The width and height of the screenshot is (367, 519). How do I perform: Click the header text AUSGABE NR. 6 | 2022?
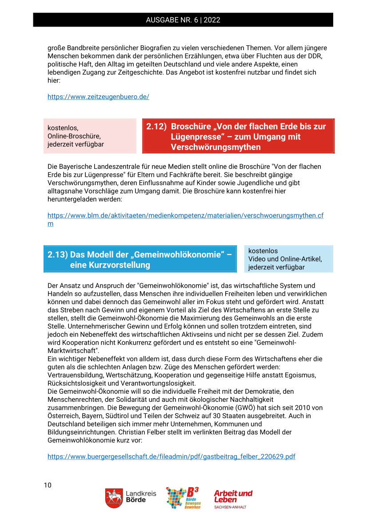(x=183, y=20)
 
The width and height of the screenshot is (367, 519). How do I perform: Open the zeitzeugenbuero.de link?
(x=98, y=97)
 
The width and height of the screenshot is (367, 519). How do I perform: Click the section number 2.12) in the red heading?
(x=156, y=127)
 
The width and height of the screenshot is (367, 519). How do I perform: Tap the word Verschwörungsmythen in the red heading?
(x=215, y=147)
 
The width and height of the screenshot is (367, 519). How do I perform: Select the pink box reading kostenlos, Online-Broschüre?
(x=90, y=136)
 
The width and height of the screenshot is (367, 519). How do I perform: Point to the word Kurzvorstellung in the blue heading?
(x=110, y=265)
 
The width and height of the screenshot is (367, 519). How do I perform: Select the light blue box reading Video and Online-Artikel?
(x=288, y=259)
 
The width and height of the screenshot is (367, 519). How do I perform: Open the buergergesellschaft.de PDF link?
(x=171, y=456)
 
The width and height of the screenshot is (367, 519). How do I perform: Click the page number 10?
(x=48, y=485)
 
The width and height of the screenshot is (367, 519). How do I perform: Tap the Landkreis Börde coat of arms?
(x=114, y=498)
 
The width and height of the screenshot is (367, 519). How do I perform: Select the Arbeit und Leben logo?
(x=233, y=499)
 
